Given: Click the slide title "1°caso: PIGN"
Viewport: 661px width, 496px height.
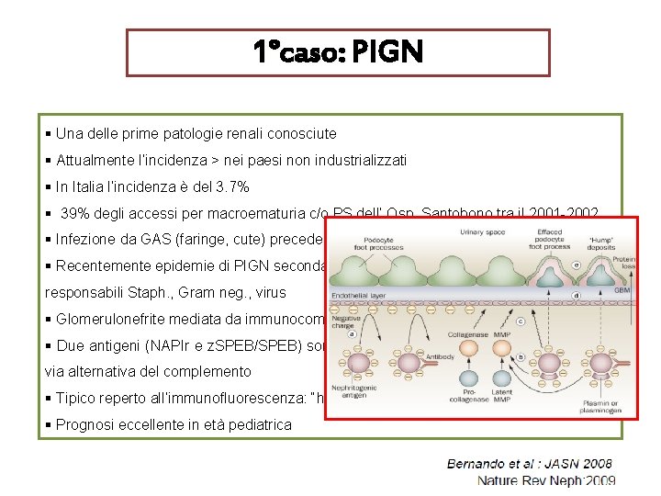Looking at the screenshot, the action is pos(338,52).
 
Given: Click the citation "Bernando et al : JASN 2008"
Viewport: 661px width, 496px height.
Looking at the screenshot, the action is pos(529,464).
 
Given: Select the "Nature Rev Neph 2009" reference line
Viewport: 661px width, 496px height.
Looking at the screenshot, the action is pos(545,480).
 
